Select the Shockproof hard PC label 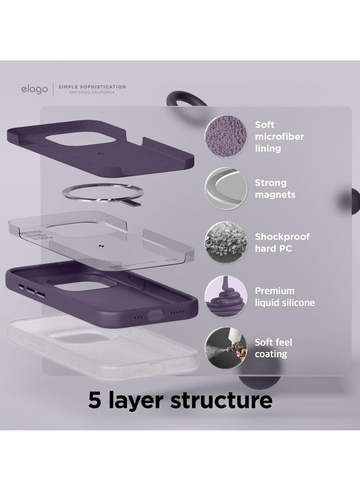pyautogui.click(x=282, y=243)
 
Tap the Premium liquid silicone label pyautogui.click(x=284, y=297)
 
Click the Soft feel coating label pyautogui.click(x=273, y=348)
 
